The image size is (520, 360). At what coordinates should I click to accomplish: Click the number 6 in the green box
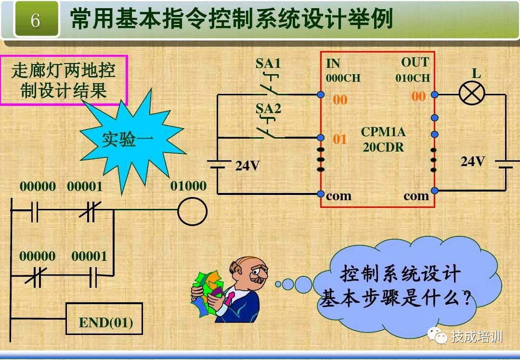pyautogui.click(x=35, y=20)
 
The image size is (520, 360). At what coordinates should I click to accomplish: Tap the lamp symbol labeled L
pyautogui.click(x=472, y=93)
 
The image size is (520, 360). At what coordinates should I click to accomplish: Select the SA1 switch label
pyautogui.click(x=268, y=63)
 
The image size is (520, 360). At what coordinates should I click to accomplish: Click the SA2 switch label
pyautogui.click(x=268, y=108)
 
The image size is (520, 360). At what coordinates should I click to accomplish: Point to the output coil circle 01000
pyautogui.click(x=192, y=212)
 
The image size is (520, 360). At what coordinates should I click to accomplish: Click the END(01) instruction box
pyautogui.click(x=104, y=319)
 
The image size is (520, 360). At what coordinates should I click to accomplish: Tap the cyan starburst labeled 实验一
pyautogui.click(x=128, y=140)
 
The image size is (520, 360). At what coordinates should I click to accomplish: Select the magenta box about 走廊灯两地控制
pyautogui.click(x=64, y=80)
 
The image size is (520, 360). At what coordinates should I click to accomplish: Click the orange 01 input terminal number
pyautogui.click(x=340, y=140)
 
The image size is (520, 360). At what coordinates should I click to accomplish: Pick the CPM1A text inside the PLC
pyautogui.click(x=383, y=132)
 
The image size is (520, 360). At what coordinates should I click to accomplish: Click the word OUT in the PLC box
pyautogui.click(x=415, y=63)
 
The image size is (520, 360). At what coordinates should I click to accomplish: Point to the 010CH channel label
pyautogui.click(x=413, y=78)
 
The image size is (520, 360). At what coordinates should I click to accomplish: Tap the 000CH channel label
pyautogui.click(x=343, y=78)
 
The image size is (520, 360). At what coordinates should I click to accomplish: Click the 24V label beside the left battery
pyautogui.click(x=247, y=166)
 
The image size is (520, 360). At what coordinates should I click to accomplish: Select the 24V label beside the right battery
pyautogui.click(x=473, y=162)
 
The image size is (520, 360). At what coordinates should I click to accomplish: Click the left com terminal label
pyautogui.click(x=338, y=196)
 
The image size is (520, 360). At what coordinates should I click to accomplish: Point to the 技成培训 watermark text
pyautogui.click(x=477, y=336)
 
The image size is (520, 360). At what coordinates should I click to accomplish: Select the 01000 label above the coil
pyautogui.click(x=188, y=186)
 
